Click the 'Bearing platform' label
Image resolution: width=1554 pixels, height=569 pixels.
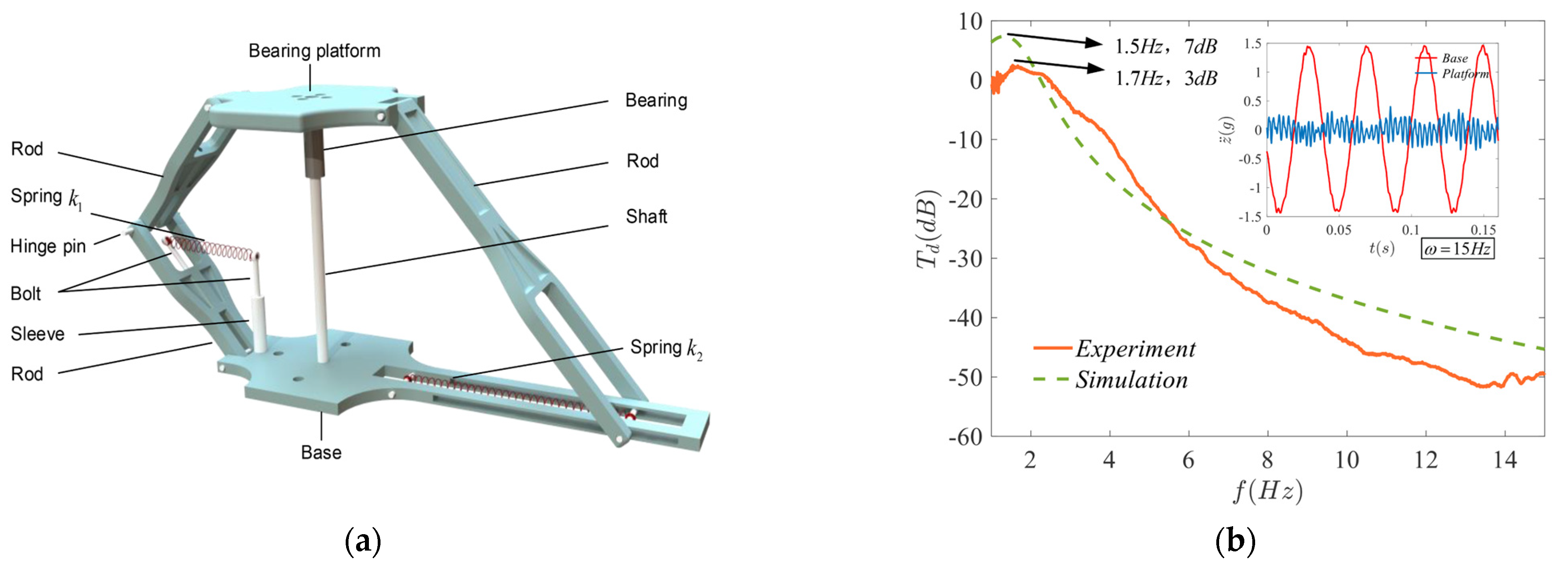pos(314,51)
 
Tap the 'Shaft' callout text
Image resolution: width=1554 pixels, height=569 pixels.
pos(646,216)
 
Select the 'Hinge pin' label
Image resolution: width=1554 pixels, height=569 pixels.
pos(48,246)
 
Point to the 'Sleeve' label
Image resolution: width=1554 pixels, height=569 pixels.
pos(37,334)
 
